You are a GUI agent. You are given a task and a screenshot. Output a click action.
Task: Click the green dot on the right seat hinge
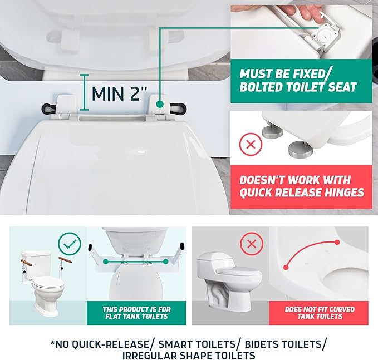coord(160,103)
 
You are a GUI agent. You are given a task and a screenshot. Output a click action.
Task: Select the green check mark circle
coord(70,244)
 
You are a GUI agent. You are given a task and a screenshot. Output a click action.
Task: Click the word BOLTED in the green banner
coord(263,87)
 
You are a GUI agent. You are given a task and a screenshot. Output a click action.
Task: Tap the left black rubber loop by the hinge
coord(50,106)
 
